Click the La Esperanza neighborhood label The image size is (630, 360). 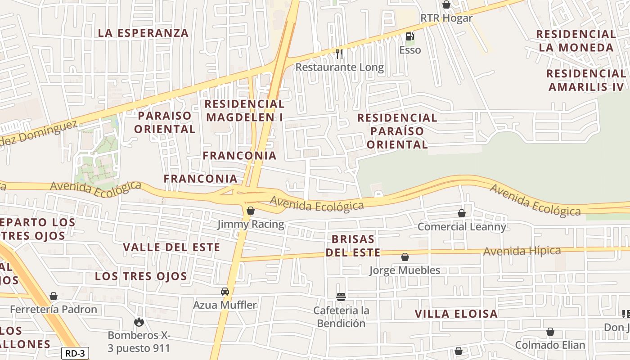[x=143, y=33]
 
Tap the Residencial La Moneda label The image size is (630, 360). [x=576, y=40]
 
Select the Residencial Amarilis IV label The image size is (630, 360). [x=586, y=80]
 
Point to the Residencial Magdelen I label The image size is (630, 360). [x=244, y=110]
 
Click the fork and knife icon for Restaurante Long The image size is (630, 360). [x=339, y=54]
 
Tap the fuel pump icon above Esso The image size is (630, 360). [x=409, y=36]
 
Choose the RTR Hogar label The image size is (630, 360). [x=446, y=18]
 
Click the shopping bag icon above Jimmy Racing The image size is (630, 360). [x=251, y=211]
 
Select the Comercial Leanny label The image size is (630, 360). [x=462, y=226]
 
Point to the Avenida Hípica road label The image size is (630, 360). [x=522, y=251]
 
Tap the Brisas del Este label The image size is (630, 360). [x=353, y=245]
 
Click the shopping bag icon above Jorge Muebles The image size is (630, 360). [x=405, y=257]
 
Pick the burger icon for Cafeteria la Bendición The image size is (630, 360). [x=341, y=297]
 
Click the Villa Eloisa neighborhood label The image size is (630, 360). [x=456, y=314]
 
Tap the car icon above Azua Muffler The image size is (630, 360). [x=225, y=292]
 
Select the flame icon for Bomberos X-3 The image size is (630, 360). [x=139, y=322]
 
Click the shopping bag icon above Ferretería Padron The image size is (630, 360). [x=54, y=296]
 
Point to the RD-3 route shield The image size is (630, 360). [x=75, y=353]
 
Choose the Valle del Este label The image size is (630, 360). [x=171, y=247]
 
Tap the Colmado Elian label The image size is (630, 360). [x=550, y=345]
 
